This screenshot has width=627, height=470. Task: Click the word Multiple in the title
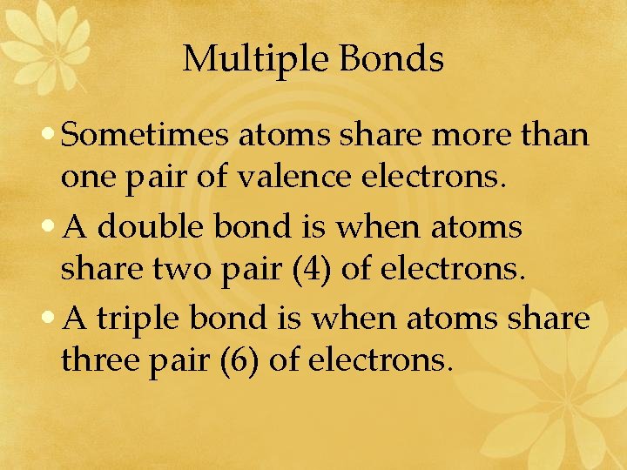tap(256, 59)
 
